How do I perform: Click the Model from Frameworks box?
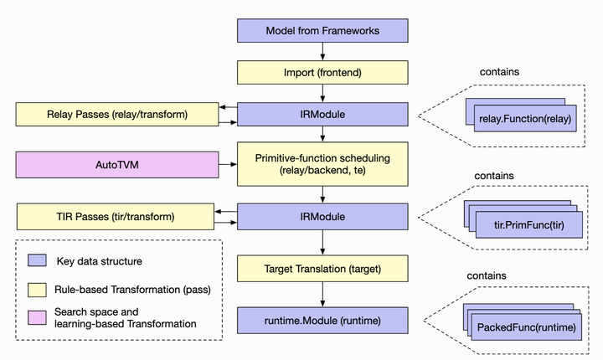coord(322,31)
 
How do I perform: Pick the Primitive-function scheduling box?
coord(322,163)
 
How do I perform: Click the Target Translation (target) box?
coord(322,269)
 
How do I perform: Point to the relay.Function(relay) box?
coord(524,120)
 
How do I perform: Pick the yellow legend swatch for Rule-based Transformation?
coord(37,290)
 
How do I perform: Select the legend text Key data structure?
coord(99,261)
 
